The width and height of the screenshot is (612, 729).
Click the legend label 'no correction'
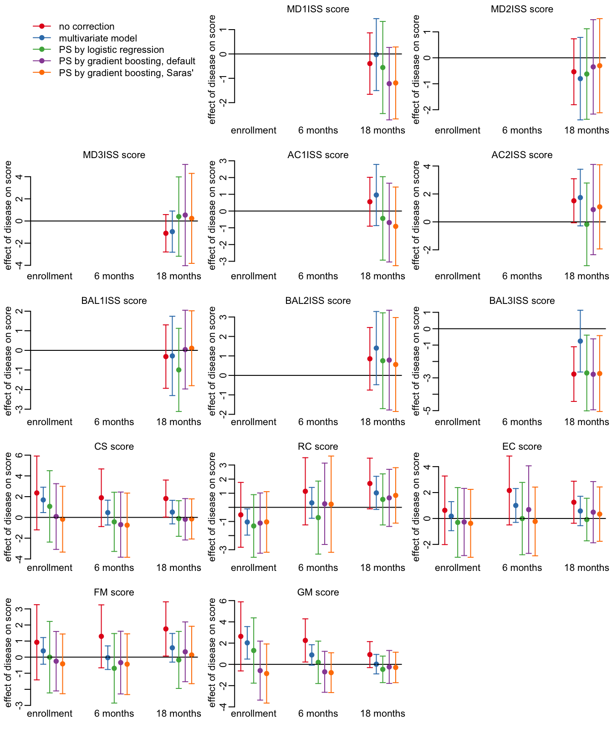87,27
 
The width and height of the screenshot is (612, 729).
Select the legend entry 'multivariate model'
98,38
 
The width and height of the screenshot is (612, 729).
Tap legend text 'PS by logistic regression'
111,50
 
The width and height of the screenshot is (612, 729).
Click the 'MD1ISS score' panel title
318,9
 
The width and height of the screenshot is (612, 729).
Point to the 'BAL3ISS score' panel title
522,301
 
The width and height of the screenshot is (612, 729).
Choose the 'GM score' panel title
318,592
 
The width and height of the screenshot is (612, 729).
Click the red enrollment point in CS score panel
37,493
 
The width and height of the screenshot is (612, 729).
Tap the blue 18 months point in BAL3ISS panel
580,341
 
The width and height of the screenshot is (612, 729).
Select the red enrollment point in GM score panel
241,636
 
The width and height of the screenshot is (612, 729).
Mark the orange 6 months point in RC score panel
331,504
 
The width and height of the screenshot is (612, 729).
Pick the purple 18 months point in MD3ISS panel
185,215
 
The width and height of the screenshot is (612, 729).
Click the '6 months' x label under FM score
114,714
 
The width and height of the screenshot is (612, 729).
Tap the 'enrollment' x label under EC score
458,568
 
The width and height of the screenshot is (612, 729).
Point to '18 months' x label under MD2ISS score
586,130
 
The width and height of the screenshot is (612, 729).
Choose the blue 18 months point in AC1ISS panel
376,195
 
